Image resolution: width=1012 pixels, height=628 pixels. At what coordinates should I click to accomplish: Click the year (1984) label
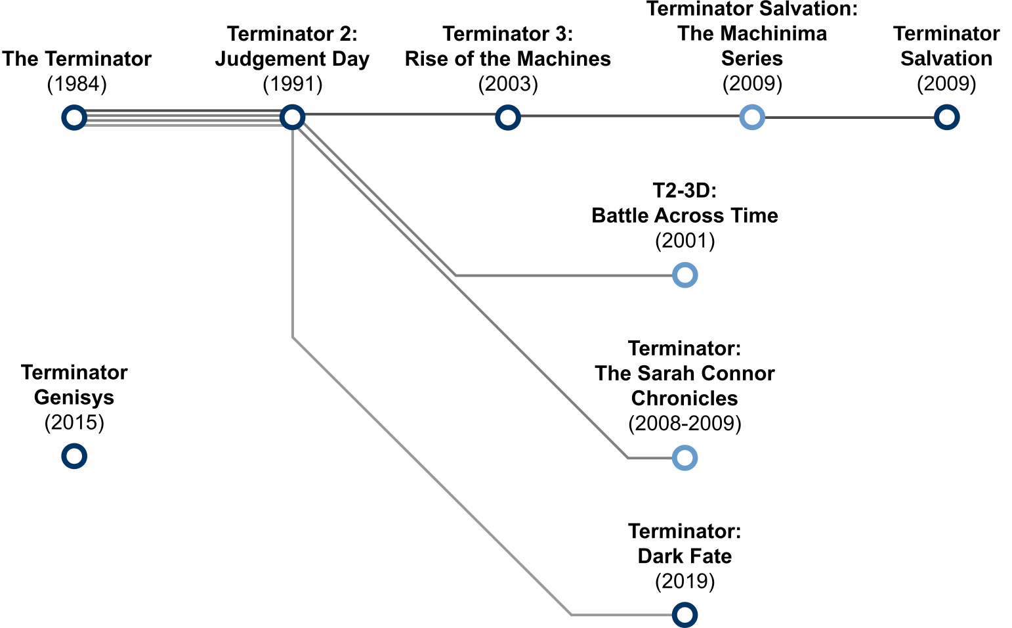pos(77,84)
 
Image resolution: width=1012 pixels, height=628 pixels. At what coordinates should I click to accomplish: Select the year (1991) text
pos(293,84)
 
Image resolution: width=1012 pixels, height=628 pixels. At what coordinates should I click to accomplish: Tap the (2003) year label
pos(508,84)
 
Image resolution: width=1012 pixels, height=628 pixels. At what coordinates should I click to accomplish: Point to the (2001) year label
pos(685,240)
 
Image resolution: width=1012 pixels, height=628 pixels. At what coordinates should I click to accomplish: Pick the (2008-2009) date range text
pos(685,423)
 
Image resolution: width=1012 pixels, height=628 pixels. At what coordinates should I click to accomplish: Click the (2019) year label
pos(685,581)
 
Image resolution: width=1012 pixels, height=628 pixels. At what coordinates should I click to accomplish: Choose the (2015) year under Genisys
pos(74,422)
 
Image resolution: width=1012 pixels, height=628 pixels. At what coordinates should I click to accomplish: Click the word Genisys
pos(74,398)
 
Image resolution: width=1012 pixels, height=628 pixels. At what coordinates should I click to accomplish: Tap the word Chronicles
pos(685,398)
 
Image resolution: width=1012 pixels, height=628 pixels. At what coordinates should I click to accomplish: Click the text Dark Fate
pos(685,556)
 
